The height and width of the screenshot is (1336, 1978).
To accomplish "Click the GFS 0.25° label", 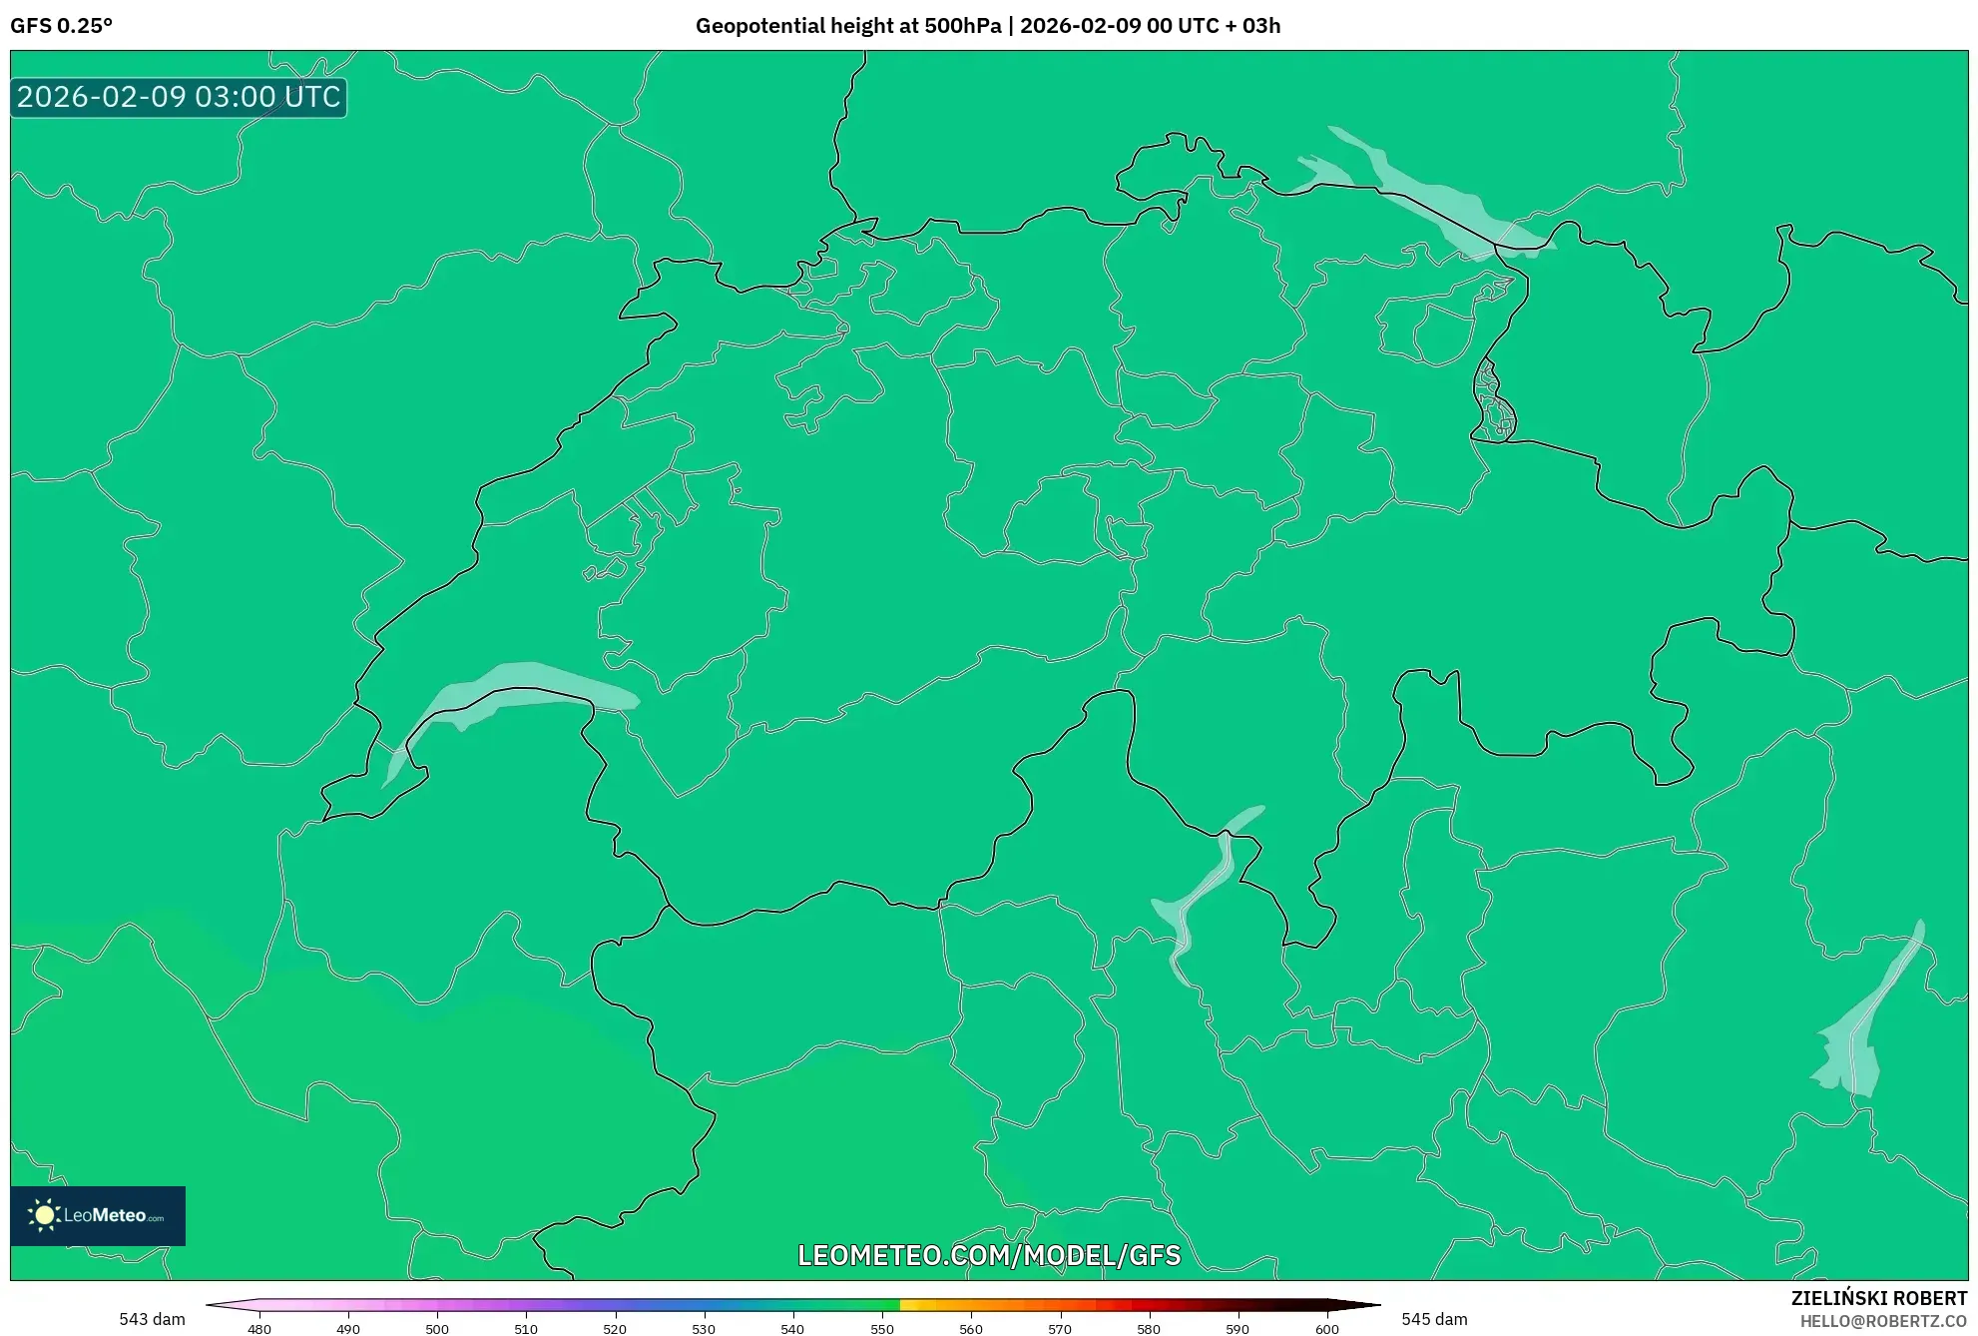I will pos(62,26).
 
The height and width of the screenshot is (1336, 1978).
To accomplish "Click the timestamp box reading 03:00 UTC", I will pos(179,97).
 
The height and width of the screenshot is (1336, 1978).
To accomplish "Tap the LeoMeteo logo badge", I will pos(98,1215).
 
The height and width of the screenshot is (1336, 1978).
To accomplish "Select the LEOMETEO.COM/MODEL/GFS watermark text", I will pos(989,1255).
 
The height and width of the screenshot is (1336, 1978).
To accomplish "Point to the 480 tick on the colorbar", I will pos(259,1328).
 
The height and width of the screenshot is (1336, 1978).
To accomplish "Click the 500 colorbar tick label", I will pos(437,1328).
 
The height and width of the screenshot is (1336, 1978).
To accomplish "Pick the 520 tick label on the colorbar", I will pos(615,1328).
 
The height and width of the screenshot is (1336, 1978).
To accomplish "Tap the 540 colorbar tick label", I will pos(792,1328).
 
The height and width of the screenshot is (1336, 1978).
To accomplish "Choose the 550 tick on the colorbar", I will pos(882,1328).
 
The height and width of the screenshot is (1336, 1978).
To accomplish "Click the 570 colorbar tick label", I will pos(1060,1328).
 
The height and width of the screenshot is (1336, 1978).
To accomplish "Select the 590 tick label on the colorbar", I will pos(1237,1328).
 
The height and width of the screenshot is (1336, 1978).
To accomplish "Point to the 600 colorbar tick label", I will pos(1326,1328).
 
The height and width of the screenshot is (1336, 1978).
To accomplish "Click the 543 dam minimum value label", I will pos(152,1319).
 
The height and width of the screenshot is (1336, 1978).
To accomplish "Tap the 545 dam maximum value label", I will pos(1434,1319).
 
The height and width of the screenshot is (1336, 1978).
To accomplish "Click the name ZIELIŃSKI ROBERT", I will pos(1879,1298).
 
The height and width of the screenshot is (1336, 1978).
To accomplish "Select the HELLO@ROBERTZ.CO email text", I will pos(1883,1321).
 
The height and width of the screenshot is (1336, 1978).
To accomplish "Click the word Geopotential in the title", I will pos(754,26).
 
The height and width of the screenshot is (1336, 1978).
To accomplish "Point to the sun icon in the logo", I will pos(44,1215).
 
